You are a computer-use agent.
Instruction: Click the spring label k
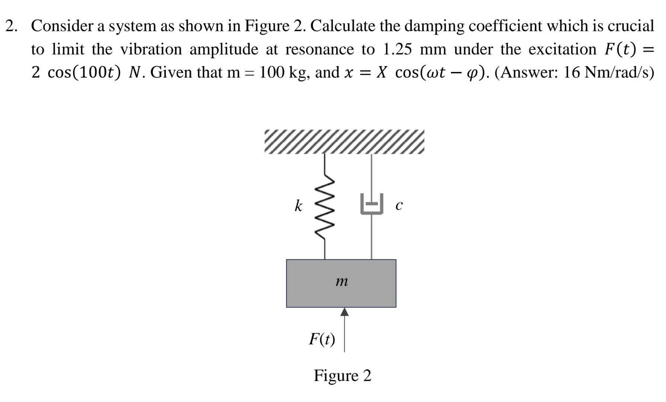coord(298,205)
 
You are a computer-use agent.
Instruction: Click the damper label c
coord(399,205)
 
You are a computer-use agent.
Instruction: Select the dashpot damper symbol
coord(371,204)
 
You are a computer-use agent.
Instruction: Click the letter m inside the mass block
coord(342,282)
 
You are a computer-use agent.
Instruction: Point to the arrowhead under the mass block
coord(345,312)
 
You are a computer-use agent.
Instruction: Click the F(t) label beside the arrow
coord(322,339)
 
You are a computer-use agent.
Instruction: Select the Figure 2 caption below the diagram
coord(342,375)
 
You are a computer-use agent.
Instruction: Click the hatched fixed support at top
coord(344,142)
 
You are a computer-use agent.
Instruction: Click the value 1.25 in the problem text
coord(397,49)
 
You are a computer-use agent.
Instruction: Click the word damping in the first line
coord(434,26)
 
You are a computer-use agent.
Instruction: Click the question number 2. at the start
coord(12,26)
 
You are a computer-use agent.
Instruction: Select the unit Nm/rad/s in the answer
coord(618,72)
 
